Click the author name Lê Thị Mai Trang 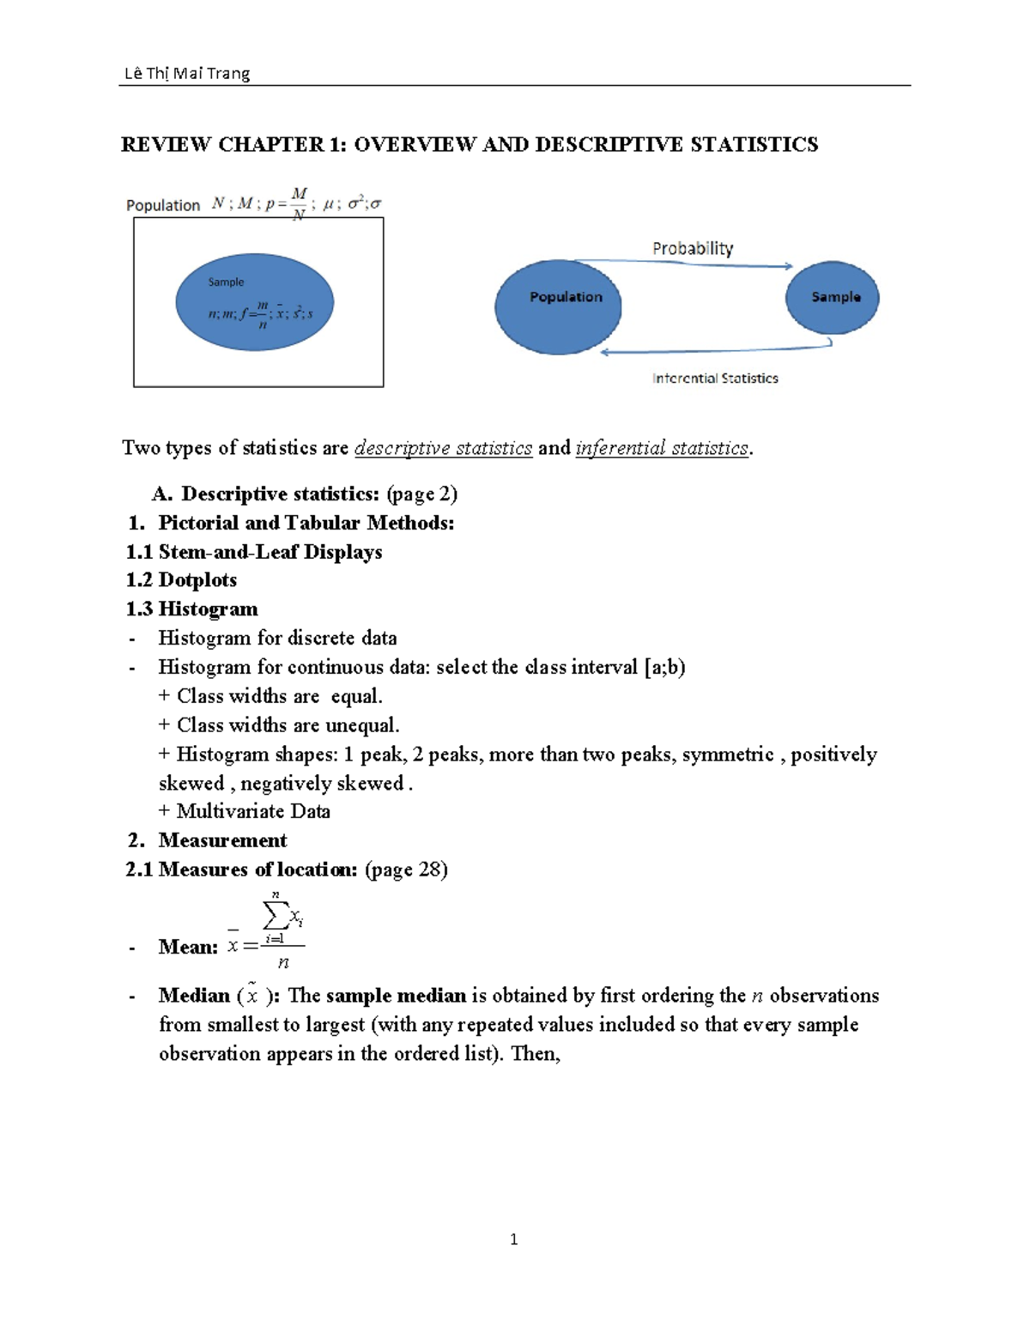pos(187,73)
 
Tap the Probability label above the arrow pos(692,248)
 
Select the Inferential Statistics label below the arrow pos(715,378)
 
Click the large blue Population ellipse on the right pos(558,318)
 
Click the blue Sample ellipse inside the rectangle pos(254,302)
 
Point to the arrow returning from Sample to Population pos(712,350)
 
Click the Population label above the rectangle pos(163,205)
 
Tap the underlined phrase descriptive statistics pos(443,448)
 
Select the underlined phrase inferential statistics pos(662,448)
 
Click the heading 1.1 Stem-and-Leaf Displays pos(254,552)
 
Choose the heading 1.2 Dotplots pos(181,580)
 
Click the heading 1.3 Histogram pos(191,609)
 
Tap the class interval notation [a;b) pos(664,667)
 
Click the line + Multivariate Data pos(245,811)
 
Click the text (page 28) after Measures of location pos(406,869)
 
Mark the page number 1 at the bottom pos(513,1239)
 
